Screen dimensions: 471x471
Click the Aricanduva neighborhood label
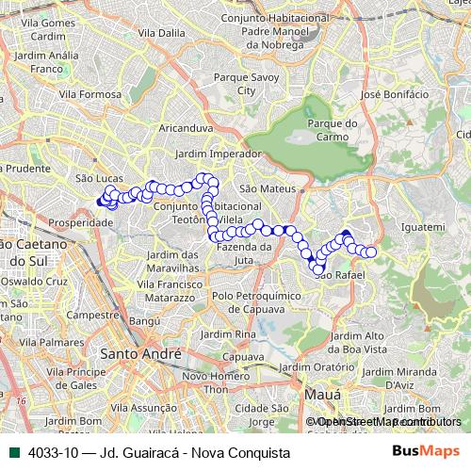click(188, 126)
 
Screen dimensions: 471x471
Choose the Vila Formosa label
click(89, 95)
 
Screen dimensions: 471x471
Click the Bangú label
click(146, 321)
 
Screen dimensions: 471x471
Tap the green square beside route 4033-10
click(15, 451)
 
